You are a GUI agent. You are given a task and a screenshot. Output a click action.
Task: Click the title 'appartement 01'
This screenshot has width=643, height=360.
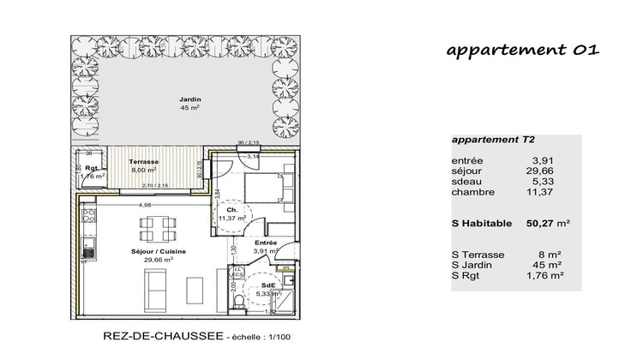click(x=521, y=51)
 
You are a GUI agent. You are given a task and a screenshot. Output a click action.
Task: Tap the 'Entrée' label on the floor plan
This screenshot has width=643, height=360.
click(x=265, y=243)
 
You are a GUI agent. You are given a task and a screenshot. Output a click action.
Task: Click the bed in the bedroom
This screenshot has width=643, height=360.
click(x=267, y=189)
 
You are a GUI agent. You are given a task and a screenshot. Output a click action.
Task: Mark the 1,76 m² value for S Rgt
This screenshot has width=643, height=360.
click(x=545, y=276)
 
